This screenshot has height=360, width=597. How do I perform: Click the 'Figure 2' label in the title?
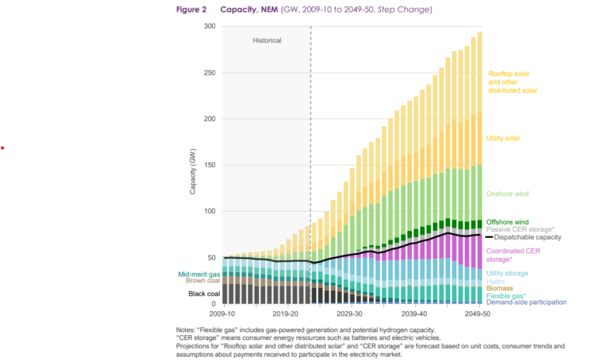click(191, 9)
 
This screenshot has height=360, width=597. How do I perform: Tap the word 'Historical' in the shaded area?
click(267, 40)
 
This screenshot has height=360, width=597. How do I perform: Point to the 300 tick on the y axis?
click(209, 26)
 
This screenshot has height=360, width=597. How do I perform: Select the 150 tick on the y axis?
click(209, 165)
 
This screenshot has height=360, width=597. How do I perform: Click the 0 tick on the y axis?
click(214, 304)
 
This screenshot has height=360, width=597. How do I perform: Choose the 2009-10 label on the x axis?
click(223, 314)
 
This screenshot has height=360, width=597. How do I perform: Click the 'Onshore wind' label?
click(508, 194)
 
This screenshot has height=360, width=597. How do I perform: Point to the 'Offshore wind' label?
click(508, 222)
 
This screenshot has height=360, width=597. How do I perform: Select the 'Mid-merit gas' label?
click(200, 274)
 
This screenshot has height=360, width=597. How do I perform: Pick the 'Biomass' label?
click(499, 288)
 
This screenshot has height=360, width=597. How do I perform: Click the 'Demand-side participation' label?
click(526, 302)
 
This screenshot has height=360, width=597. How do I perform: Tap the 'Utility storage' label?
click(508, 274)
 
